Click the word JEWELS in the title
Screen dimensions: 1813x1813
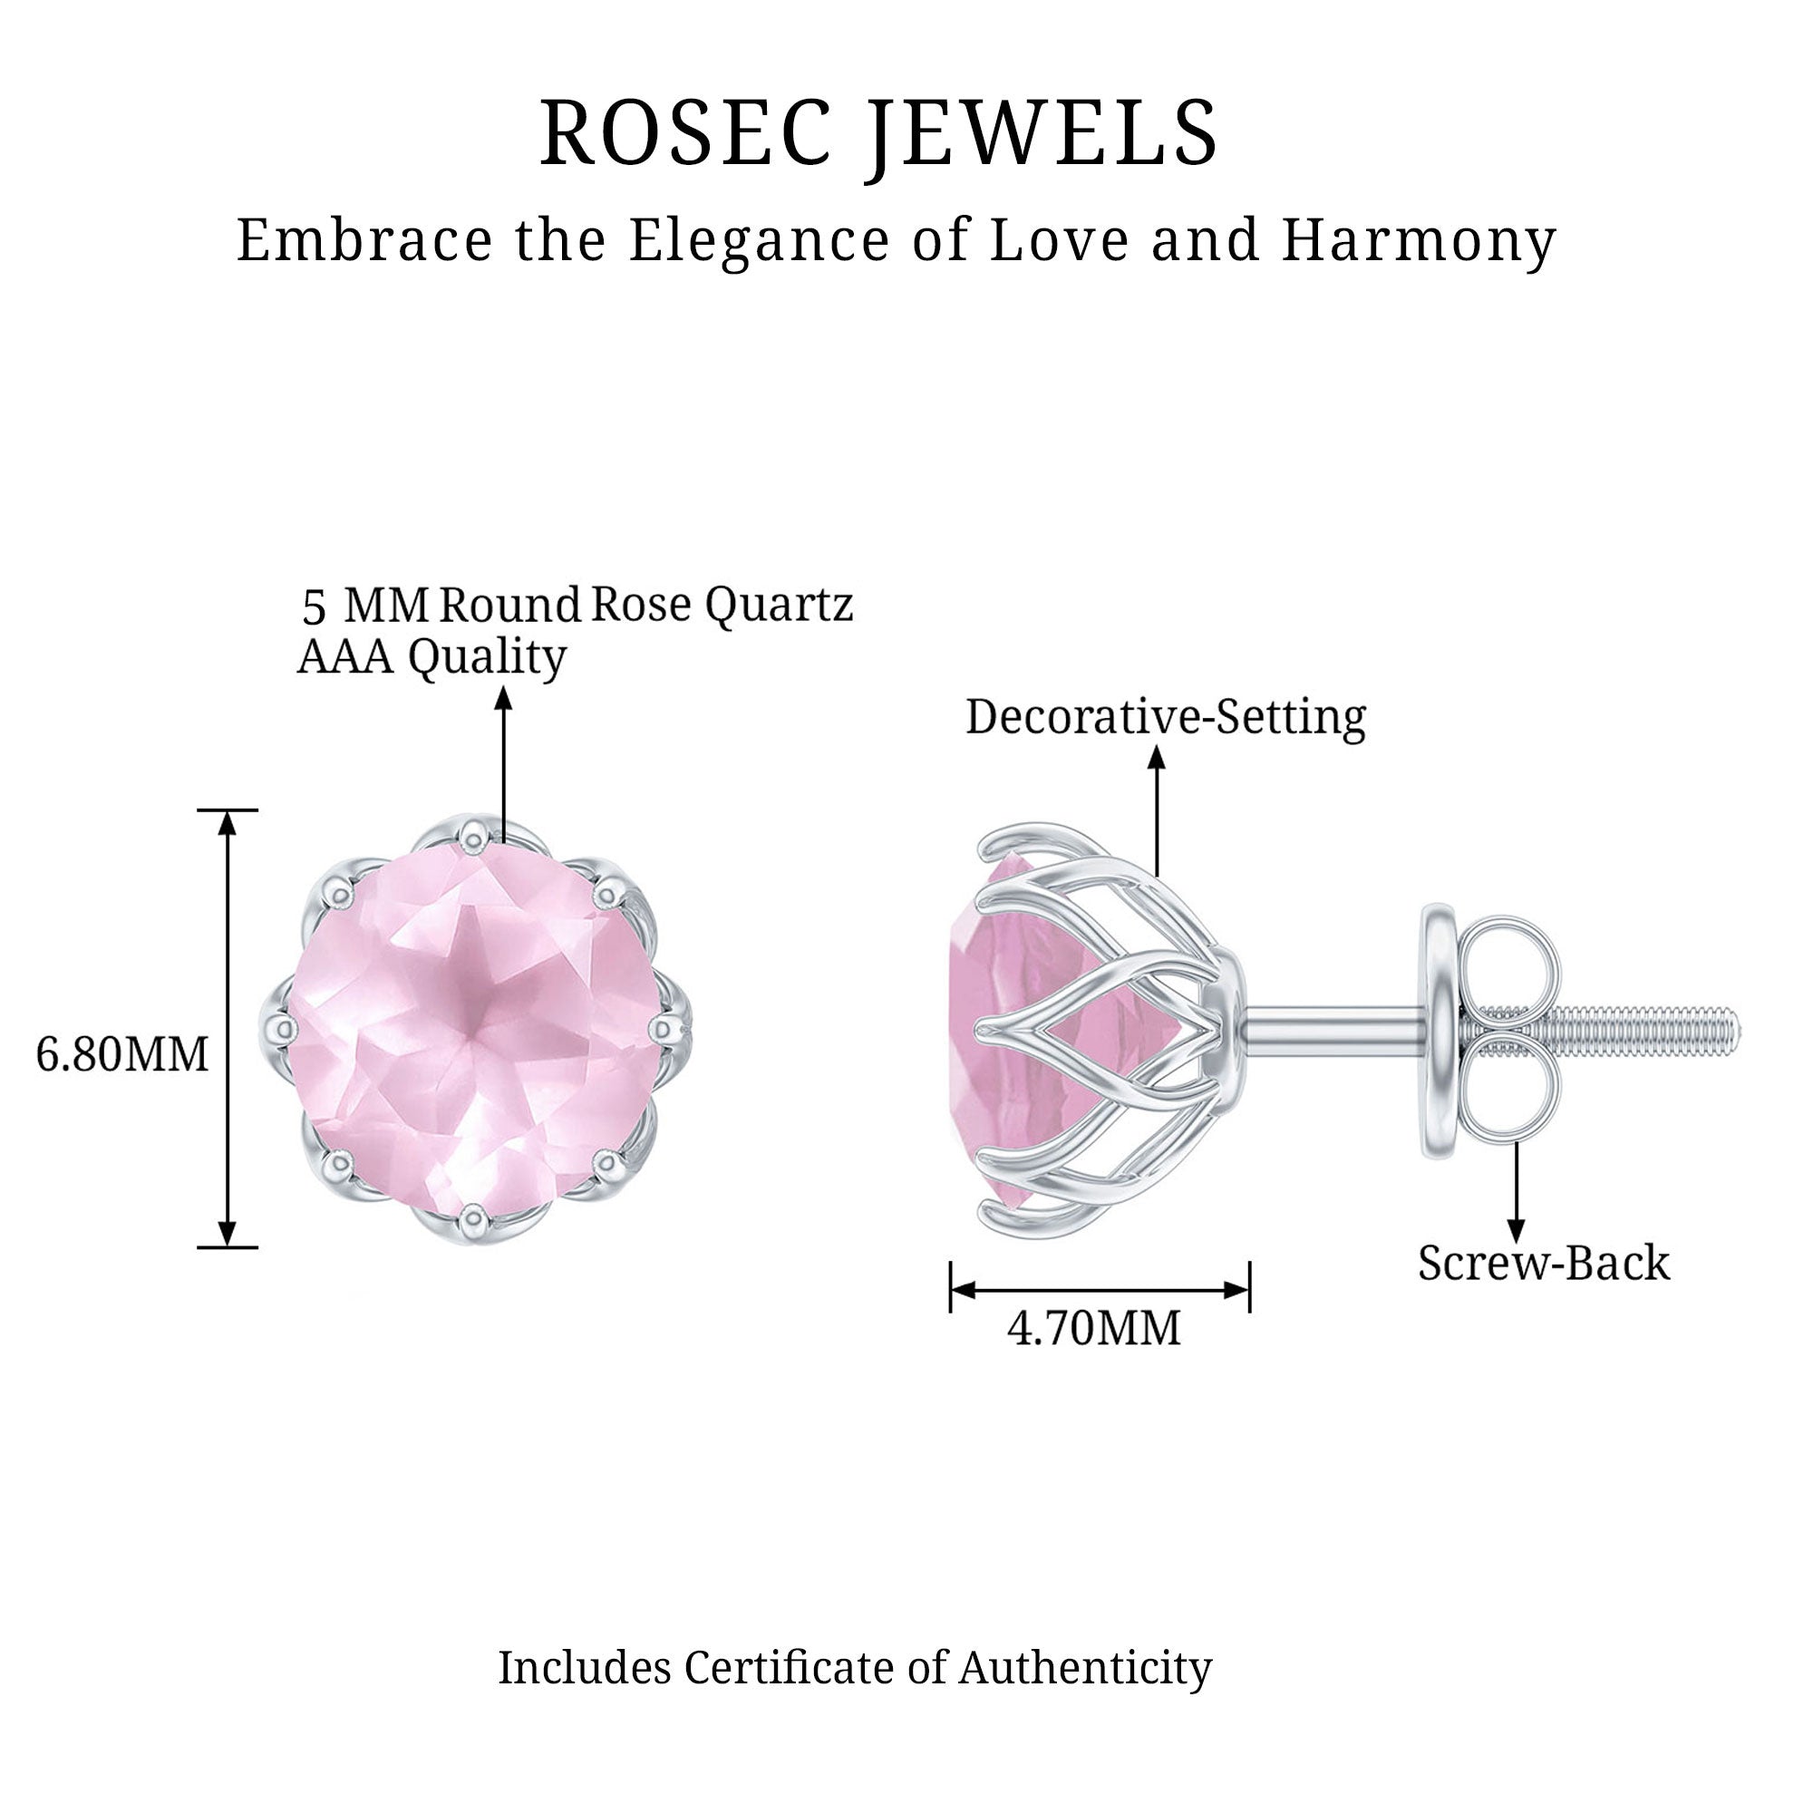1042,133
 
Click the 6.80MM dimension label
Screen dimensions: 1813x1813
122,1055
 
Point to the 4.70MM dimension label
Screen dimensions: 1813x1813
1094,1329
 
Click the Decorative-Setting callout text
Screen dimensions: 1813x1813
1166,717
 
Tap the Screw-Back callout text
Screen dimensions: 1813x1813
1544,1263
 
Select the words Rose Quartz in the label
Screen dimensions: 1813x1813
722,606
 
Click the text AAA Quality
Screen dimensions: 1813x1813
431,657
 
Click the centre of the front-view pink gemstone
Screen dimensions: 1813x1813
474,1028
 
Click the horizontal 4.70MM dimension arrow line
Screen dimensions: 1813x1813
1100,1290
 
